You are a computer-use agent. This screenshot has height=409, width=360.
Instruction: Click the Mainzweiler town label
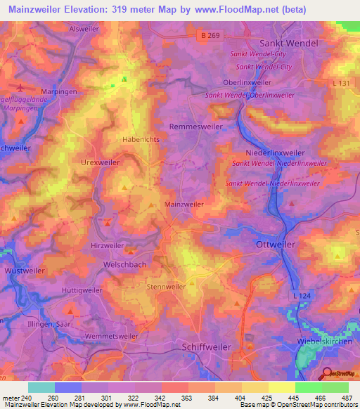pos(184,204)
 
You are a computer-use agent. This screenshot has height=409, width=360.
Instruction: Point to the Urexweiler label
pos(101,162)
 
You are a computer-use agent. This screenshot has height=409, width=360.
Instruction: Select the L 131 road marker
pos(343,84)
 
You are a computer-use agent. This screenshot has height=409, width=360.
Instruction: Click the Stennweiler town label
pos(166,287)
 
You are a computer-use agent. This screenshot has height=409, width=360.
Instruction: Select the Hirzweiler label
pos(108,246)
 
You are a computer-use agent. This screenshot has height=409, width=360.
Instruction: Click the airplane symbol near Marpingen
pos(20,89)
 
